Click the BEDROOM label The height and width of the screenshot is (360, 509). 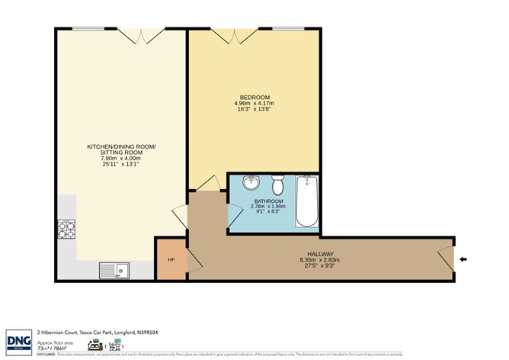pyautogui.click(x=254, y=97)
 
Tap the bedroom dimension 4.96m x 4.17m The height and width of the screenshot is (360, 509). pyautogui.click(x=254, y=104)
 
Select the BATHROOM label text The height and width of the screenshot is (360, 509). pyautogui.click(x=274, y=201)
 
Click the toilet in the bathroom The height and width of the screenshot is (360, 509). pyautogui.click(x=279, y=185)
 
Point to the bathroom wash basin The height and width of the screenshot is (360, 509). pyautogui.click(x=252, y=184)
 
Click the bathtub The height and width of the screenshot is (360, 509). pyautogui.click(x=307, y=201)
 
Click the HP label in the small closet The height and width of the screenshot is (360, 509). pyautogui.click(x=171, y=259)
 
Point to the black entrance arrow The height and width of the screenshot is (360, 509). pyautogui.click(x=464, y=259)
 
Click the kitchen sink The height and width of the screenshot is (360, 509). pyautogui.click(x=114, y=269)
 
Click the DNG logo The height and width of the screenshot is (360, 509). pyautogui.click(x=18, y=341)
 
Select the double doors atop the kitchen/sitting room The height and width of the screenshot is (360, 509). pyautogui.click(x=141, y=35)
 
